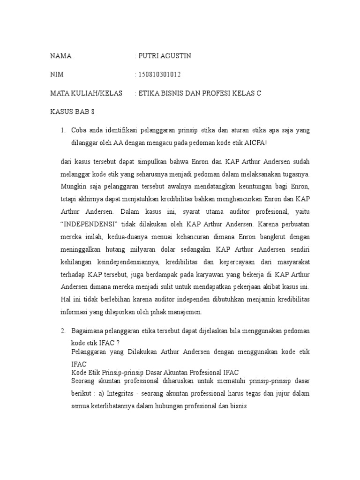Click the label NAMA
pos(61,56)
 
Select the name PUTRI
pos(148,56)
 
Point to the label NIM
pos(57,75)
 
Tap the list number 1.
pos(63,130)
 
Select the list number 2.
pos(63,331)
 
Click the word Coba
pos(79,130)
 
